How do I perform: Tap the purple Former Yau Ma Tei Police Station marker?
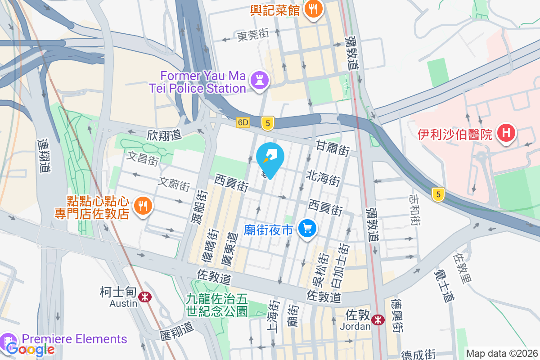pyautogui.click(x=260, y=81)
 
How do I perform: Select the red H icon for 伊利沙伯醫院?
pyautogui.click(x=506, y=133)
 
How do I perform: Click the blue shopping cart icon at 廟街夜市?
pyautogui.click(x=308, y=229)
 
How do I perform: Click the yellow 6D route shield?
pyautogui.click(x=243, y=122)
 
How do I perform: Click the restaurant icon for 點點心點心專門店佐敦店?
pyautogui.click(x=143, y=206)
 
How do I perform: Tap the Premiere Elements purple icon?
pyautogui.click(x=9, y=340)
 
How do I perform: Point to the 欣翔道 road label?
pyautogui.click(x=164, y=135)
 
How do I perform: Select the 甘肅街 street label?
pyautogui.click(x=333, y=148)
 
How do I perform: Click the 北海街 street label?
pyautogui.click(x=324, y=178)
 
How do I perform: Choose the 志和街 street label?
pyautogui.click(x=414, y=210)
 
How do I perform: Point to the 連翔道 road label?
pyautogui.click(x=44, y=156)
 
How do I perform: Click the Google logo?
pyautogui.click(x=30, y=349)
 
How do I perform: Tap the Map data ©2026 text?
pyautogui.click(x=501, y=353)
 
